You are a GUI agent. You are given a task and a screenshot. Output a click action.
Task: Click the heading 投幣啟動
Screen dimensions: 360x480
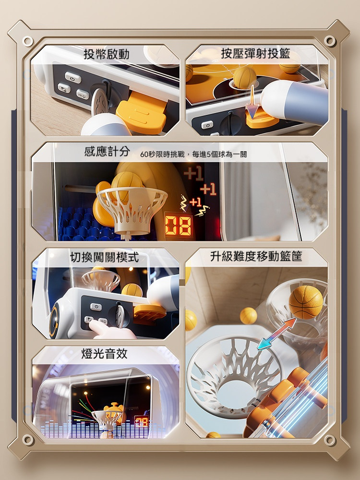click(x=106, y=55)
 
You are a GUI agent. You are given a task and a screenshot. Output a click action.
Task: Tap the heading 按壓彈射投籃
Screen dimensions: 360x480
click(x=256, y=54)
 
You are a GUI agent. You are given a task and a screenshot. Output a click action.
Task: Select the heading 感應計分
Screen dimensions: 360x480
click(x=107, y=151)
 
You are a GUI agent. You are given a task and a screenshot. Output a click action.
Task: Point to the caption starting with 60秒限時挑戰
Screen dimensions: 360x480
click(x=193, y=154)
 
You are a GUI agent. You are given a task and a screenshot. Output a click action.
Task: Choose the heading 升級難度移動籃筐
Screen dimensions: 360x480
click(x=256, y=256)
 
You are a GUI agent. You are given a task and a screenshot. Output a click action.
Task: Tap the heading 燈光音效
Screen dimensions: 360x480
click(x=104, y=354)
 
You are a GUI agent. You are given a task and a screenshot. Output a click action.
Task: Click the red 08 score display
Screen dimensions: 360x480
click(x=179, y=226)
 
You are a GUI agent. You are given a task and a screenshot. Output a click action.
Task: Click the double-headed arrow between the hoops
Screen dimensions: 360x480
click(x=276, y=334)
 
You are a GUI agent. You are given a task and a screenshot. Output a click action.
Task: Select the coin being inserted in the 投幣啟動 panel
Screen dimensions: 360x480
click(x=100, y=102)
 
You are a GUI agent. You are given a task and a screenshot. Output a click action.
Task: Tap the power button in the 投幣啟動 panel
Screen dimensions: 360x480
click(x=73, y=77)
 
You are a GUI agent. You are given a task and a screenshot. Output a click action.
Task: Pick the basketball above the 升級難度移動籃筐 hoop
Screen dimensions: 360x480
click(x=305, y=302)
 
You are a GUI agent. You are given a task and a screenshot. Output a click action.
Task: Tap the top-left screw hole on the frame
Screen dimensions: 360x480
click(x=27, y=41)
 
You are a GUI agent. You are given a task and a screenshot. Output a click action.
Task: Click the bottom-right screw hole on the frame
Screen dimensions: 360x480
click(x=330, y=440)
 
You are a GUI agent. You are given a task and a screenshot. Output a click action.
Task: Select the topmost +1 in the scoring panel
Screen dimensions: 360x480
click(x=193, y=174)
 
